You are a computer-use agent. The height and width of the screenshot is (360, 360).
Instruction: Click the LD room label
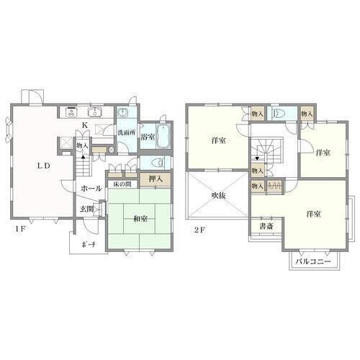[x=43, y=166]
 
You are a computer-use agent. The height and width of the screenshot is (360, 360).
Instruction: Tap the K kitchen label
[x=85, y=125]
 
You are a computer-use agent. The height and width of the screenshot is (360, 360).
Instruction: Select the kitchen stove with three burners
[x=71, y=112]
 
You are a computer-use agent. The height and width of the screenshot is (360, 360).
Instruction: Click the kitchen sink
[x=95, y=112]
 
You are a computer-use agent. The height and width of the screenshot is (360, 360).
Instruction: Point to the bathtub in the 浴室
[x=163, y=137]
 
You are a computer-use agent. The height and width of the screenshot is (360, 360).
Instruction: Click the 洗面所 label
[x=127, y=132]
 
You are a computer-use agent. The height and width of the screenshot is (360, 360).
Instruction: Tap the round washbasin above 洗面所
[x=123, y=112]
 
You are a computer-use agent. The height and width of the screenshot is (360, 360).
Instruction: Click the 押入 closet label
[x=156, y=179]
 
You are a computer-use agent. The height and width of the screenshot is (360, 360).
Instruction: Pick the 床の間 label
[x=122, y=184]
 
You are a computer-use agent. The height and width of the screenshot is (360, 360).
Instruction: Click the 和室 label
[x=140, y=219]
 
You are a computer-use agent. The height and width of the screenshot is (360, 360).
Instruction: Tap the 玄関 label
[x=86, y=209]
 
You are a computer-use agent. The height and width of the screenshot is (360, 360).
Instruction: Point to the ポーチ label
[x=89, y=245]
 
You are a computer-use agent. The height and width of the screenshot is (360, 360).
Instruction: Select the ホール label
[x=91, y=189]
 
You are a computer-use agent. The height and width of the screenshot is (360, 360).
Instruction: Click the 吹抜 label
[x=218, y=196]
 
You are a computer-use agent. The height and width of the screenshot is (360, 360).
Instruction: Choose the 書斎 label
[x=266, y=226]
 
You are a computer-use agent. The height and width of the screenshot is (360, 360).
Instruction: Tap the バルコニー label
[x=313, y=261]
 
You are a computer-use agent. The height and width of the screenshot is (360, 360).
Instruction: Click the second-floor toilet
[x=279, y=113]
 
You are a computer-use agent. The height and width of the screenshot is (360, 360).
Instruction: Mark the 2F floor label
[x=199, y=230]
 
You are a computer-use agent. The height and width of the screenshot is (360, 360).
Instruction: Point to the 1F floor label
[x=20, y=229]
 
